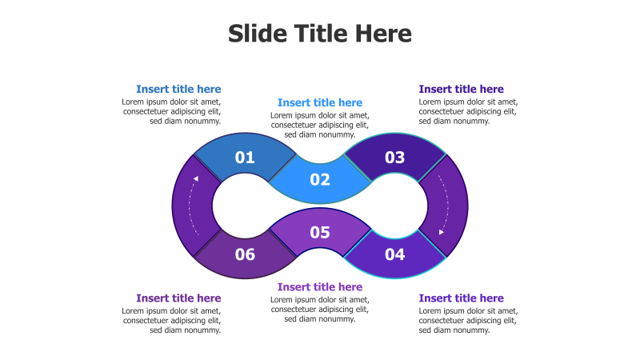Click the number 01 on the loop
click(x=245, y=158)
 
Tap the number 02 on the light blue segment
click(x=320, y=180)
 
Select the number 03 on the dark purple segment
click(x=395, y=158)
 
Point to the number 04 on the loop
click(x=395, y=255)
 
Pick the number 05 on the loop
click(x=320, y=233)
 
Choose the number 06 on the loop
click(x=245, y=255)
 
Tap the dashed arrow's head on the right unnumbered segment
click(x=442, y=232)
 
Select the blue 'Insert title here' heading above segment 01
click(x=178, y=90)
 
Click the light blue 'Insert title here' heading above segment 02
click(x=320, y=102)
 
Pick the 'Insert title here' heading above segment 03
click(x=462, y=90)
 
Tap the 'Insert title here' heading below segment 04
click(x=462, y=298)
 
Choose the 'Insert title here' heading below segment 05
click(x=320, y=286)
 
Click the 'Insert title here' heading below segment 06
click(x=178, y=298)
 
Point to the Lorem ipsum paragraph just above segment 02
click(x=320, y=125)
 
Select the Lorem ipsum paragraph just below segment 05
click(x=320, y=309)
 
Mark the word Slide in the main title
click(x=255, y=34)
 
